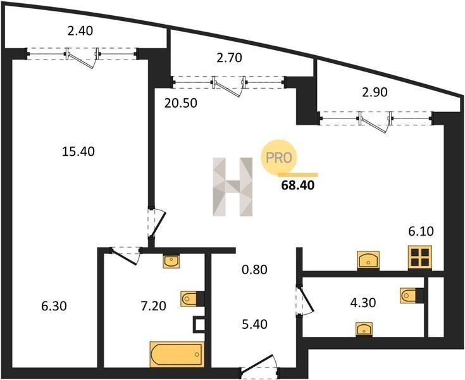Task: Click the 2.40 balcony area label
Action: [x=80, y=31]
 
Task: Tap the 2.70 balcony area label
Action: [x=229, y=58]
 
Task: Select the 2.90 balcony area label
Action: [x=375, y=92]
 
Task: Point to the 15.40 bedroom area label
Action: [x=78, y=152]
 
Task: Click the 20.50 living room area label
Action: [x=181, y=103]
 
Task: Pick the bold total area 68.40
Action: [x=298, y=185]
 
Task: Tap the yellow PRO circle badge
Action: [x=279, y=157]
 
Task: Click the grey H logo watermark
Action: [x=233, y=186]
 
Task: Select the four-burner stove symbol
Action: [x=420, y=257]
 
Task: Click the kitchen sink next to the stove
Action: [x=368, y=260]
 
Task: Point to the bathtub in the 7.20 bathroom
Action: [x=177, y=354]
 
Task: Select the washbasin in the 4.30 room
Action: [x=364, y=329]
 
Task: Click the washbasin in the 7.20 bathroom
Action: [x=171, y=261]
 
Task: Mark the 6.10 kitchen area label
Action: [x=421, y=231]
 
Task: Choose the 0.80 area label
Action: [x=254, y=270]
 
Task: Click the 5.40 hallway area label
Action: [x=254, y=324]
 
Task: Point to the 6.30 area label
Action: [x=54, y=306]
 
